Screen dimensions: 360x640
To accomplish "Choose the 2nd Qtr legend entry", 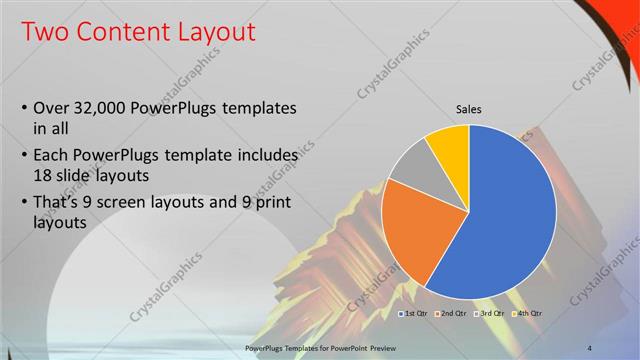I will coord(453,314).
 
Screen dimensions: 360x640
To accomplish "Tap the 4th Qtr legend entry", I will coord(528,314).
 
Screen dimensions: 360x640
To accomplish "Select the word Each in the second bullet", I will coord(52,156).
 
